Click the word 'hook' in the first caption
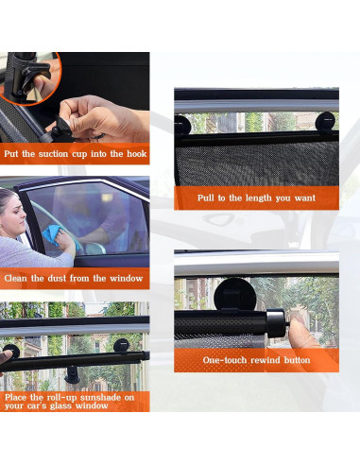[x=137, y=154]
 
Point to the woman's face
[x=13, y=215]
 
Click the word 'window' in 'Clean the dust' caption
[x=127, y=278]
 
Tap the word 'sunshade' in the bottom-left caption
[x=100, y=397]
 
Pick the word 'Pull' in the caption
[x=206, y=198]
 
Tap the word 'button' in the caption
[x=297, y=360]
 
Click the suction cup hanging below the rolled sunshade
[x=72, y=375]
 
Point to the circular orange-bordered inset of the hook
[x=29, y=78]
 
